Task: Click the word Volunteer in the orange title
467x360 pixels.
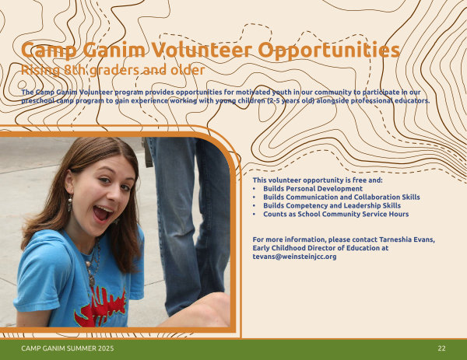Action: (x=202, y=50)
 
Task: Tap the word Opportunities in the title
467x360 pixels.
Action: (x=328, y=51)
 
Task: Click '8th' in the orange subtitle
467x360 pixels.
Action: (x=75, y=70)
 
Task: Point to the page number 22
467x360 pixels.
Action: (x=441, y=348)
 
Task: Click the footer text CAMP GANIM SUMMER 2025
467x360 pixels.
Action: (x=68, y=348)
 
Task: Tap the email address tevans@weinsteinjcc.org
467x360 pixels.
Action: (x=294, y=257)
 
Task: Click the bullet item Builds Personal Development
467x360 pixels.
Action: (x=313, y=189)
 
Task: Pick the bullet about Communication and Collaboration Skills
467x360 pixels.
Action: (x=342, y=197)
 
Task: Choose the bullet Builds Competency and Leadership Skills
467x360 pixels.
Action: (x=332, y=205)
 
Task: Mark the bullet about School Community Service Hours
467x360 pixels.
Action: (x=336, y=214)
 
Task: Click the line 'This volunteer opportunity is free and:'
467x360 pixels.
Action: (x=318, y=180)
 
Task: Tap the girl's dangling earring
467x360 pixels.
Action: (x=70, y=204)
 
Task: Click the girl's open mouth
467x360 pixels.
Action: (x=102, y=213)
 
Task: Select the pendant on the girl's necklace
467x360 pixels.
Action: (x=91, y=281)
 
